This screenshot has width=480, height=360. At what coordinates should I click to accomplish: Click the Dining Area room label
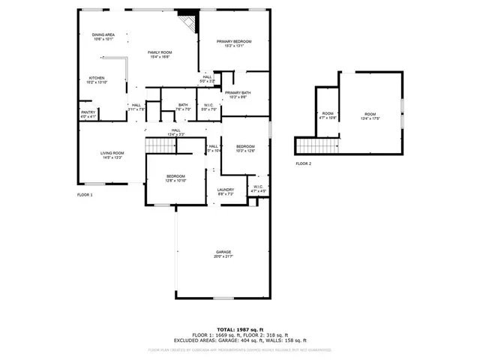[103, 36]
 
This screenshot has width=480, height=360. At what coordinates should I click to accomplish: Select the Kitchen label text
[97, 79]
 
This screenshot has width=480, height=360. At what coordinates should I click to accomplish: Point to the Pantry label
[88, 115]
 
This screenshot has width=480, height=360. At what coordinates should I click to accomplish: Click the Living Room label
[112, 156]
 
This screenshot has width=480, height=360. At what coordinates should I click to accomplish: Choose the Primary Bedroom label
[234, 43]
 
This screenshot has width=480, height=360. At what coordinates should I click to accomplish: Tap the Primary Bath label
[238, 94]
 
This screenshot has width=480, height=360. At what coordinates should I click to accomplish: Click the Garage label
[223, 254]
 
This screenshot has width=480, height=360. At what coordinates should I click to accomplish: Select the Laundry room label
[226, 192]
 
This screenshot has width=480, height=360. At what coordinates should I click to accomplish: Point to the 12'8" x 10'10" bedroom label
[175, 178]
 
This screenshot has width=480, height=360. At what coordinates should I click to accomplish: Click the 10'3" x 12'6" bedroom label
[246, 148]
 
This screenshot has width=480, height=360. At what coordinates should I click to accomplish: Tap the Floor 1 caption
[85, 195]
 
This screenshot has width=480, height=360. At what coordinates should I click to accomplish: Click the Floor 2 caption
[303, 163]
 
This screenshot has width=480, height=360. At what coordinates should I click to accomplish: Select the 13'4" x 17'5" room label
[370, 115]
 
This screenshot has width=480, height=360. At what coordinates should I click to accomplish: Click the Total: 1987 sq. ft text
[240, 329]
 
